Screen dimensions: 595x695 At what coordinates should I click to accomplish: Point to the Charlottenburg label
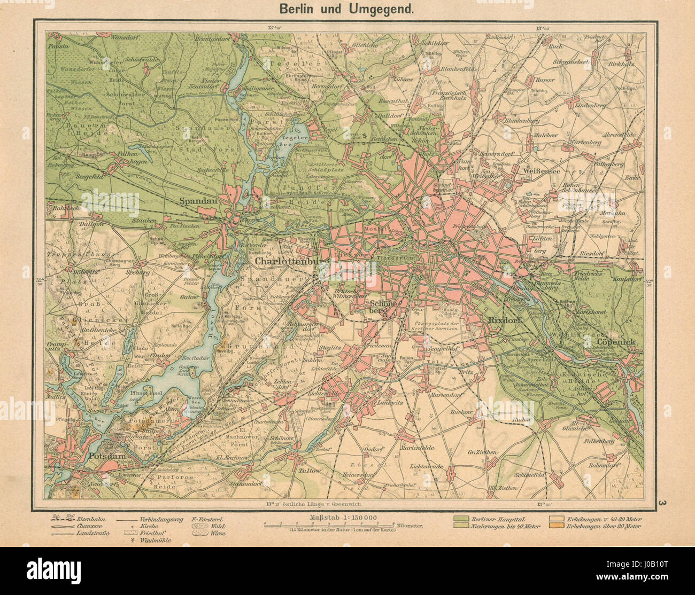point(292,262)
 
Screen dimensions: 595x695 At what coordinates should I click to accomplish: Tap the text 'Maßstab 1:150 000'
point(343,517)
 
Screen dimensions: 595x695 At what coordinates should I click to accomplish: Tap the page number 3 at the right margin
point(662,503)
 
